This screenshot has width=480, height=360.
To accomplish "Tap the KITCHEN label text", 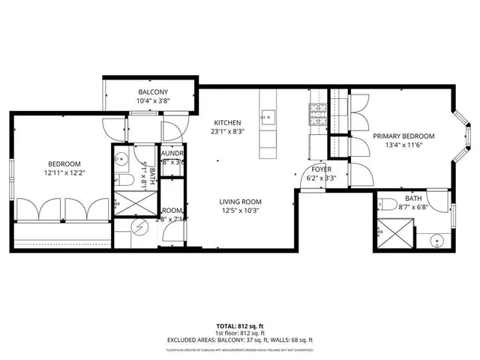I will click(226, 122).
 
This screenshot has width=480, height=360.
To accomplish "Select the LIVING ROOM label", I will click(240, 202).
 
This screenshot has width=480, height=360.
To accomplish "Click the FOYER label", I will click(322, 169).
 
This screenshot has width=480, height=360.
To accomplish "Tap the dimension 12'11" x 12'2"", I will click(64, 173).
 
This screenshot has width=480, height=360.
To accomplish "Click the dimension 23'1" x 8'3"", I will click(226, 132).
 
